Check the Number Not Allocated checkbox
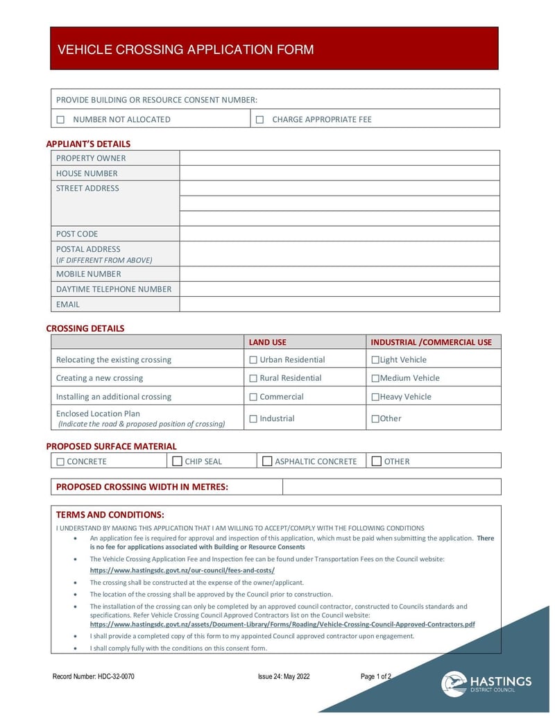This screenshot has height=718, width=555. point(60,119)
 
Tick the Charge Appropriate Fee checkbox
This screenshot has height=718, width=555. point(259,119)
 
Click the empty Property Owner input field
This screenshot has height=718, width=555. point(339,158)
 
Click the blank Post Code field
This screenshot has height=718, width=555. point(339,234)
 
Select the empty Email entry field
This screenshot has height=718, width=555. point(339,304)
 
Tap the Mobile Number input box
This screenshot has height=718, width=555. point(339,274)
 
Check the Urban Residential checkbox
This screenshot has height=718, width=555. point(253,360)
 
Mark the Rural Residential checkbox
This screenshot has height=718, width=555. point(253,378)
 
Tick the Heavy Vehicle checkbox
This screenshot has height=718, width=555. point(375,397)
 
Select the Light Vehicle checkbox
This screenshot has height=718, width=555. point(375,360)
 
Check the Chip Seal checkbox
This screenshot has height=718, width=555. point(178,461)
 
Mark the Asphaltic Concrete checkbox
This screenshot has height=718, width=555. point(267,461)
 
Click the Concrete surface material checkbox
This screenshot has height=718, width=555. point(60,461)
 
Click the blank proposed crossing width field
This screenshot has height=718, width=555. point(391,487)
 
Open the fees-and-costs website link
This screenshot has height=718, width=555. point(182,570)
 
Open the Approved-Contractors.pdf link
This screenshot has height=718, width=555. point(282,624)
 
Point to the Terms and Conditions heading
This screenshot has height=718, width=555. point(110,515)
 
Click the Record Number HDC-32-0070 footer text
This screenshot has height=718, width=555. point(94,677)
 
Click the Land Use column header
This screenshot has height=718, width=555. point(268,342)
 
